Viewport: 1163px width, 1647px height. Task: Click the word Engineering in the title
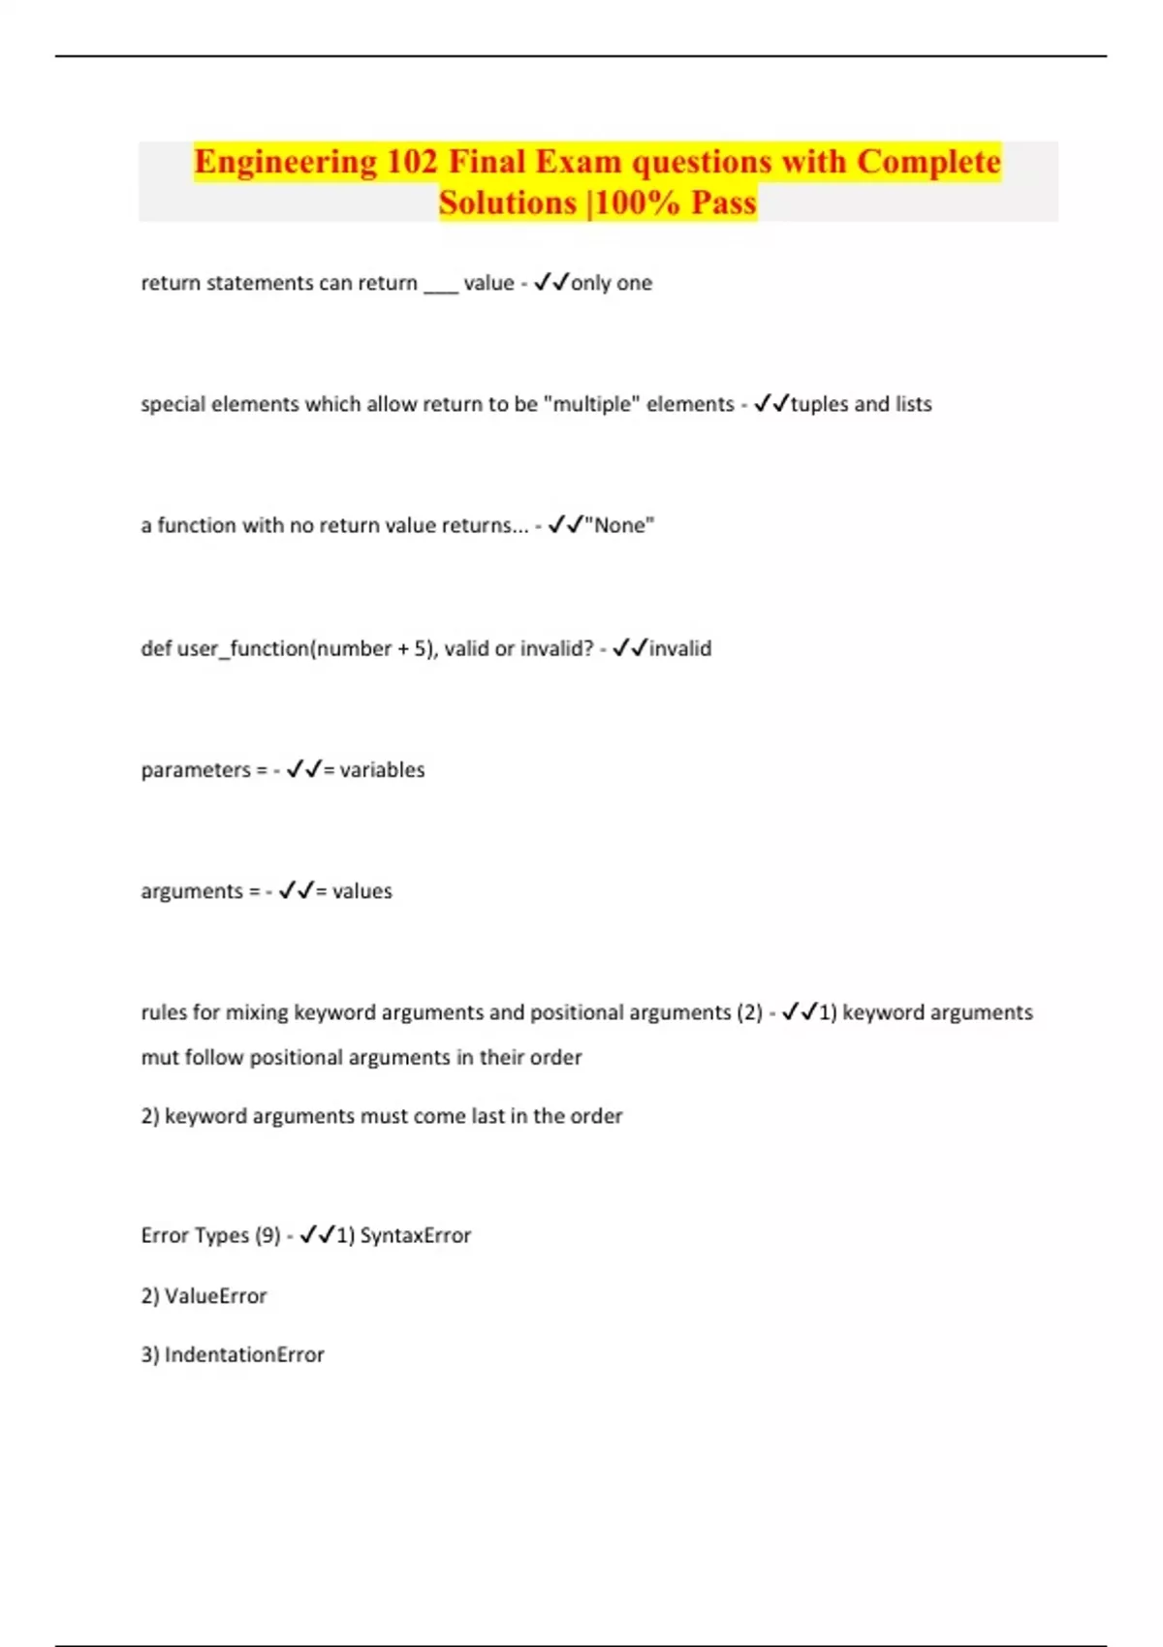point(285,162)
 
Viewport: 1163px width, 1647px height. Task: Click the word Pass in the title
point(723,203)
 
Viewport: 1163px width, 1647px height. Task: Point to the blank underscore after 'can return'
point(440,284)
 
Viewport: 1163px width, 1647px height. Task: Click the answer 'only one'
point(612,283)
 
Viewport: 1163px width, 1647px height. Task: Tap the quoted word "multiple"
point(593,404)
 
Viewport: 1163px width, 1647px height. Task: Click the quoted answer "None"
point(619,525)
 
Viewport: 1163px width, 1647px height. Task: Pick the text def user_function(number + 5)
point(290,648)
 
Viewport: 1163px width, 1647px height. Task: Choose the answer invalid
point(680,648)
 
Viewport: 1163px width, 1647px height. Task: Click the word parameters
point(196,770)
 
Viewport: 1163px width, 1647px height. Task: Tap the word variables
point(382,770)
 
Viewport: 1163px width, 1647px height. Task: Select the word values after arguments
point(362,891)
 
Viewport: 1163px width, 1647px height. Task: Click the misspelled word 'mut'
point(160,1057)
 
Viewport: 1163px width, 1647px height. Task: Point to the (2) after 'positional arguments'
point(749,1012)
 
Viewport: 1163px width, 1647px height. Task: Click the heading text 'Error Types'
point(195,1235)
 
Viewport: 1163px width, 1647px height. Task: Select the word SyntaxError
point(416,1235)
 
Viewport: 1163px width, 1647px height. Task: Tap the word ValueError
point(215,1296)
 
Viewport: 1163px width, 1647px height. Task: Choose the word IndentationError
point(244,1354)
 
